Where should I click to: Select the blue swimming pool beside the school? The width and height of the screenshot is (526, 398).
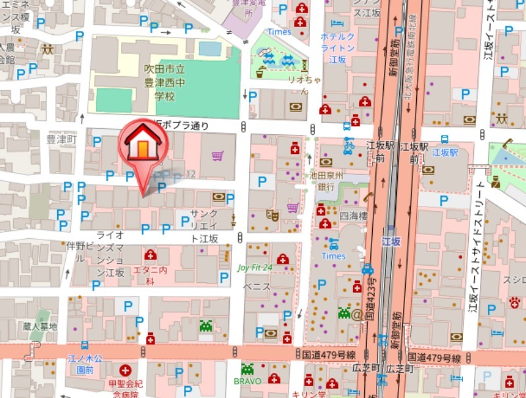point(210,49)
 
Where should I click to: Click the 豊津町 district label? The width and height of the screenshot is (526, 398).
point(62,140)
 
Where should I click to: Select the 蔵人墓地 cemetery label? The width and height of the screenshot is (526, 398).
point(39,327)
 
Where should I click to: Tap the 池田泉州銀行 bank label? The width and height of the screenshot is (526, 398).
point(322,181)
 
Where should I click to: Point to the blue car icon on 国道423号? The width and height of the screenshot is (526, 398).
point(368,269)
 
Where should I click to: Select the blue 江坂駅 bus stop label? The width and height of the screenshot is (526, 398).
point(444,153)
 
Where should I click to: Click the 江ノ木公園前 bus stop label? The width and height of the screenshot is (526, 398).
point(85,364)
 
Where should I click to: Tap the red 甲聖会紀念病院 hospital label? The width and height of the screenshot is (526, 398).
point(125,387)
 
